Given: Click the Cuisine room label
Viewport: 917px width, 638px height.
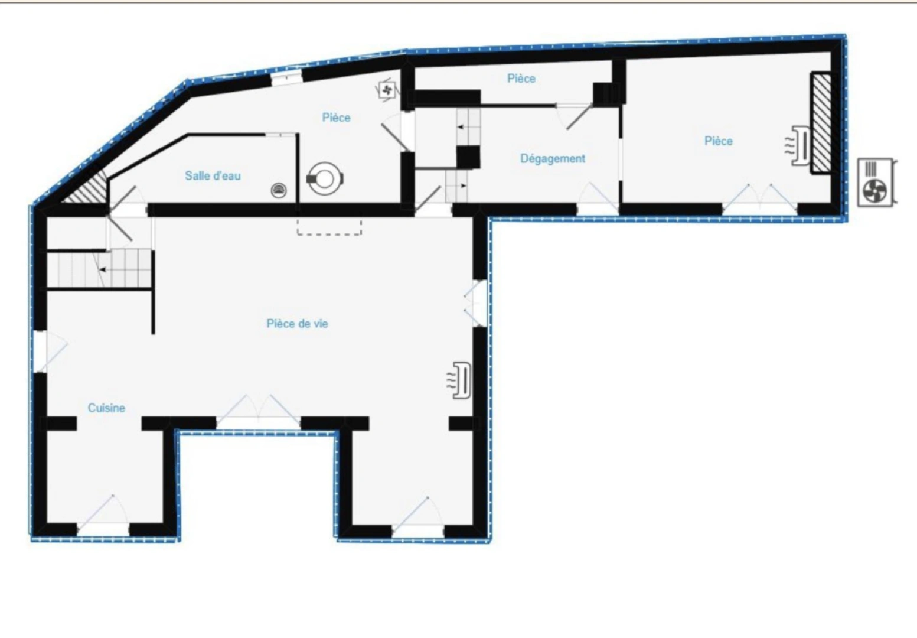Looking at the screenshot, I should [106, 408].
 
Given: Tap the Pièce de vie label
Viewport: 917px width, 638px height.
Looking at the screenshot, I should [297, 324].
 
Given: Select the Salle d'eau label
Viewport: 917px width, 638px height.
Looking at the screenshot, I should [213, 175].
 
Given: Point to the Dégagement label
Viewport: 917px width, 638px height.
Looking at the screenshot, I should [553, 158].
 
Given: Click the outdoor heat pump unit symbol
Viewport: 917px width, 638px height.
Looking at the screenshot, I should [876, 182].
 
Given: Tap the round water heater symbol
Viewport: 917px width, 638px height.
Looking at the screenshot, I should [324, 178].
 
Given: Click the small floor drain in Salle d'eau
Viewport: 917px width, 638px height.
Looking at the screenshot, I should [279, 190].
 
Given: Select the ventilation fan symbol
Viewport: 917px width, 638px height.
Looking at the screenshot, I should [387, 90].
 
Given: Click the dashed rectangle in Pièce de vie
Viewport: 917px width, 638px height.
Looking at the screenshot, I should [329, 226].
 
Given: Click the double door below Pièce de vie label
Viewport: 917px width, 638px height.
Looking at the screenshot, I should [258, 412].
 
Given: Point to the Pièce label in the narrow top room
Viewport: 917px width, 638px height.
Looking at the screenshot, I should [521, 78].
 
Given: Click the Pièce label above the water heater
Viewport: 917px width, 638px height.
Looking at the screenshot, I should [336, 118].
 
